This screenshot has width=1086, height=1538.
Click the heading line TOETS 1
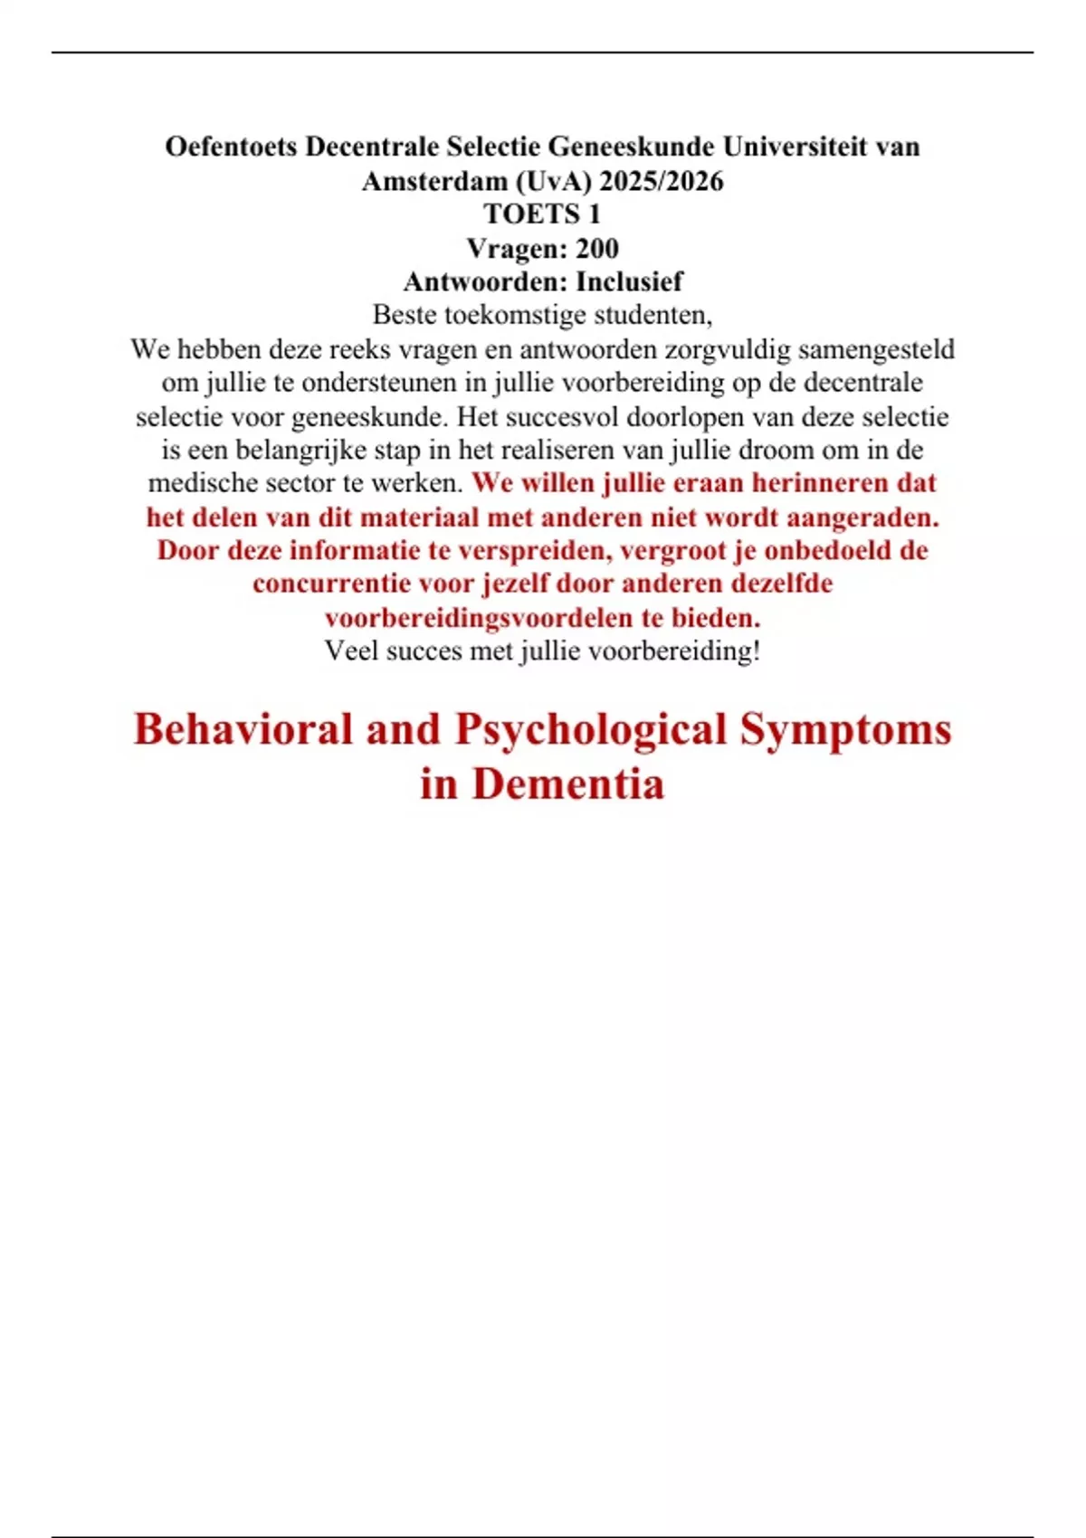tap(542, 214)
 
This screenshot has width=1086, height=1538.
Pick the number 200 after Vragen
tap(596, 248)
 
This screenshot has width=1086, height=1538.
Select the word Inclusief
tap(629, 281)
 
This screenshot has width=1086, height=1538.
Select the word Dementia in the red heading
tap(567, 783)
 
